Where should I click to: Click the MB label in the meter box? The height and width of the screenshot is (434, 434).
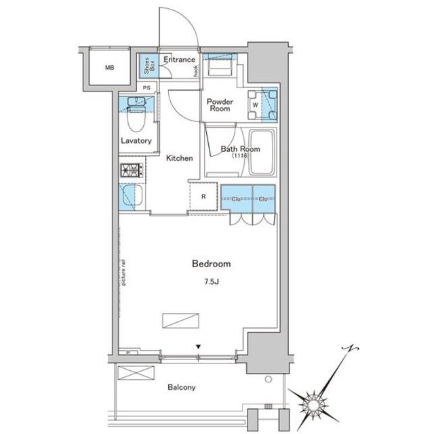coord(110,68)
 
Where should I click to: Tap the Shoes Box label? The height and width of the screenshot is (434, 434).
coord(149,66)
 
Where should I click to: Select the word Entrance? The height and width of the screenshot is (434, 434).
coord(179,60)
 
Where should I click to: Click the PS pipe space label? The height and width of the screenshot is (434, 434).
coord(146,87)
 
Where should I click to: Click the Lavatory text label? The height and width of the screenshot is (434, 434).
coord(136,141)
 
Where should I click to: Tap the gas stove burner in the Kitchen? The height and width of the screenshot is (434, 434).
coord(131,170)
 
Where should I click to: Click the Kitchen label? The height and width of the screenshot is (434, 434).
coord(179,158)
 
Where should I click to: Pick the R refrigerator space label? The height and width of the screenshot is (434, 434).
coord(203,197)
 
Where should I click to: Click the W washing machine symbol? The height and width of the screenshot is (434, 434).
coord(256,105)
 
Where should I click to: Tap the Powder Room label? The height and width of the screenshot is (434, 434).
coord(220,105)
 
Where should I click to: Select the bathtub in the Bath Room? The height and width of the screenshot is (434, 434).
coord(262,152)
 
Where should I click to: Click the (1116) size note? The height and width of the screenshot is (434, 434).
coord(240,156)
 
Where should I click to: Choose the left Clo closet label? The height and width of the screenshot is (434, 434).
coord(236,199)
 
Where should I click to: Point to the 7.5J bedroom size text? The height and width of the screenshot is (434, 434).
coord(212,282)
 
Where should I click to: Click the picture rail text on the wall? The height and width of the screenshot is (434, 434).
coord(123,273)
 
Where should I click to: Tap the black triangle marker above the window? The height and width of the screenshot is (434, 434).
coord(198,347)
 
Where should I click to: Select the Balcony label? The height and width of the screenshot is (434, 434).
coord(182,387)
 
